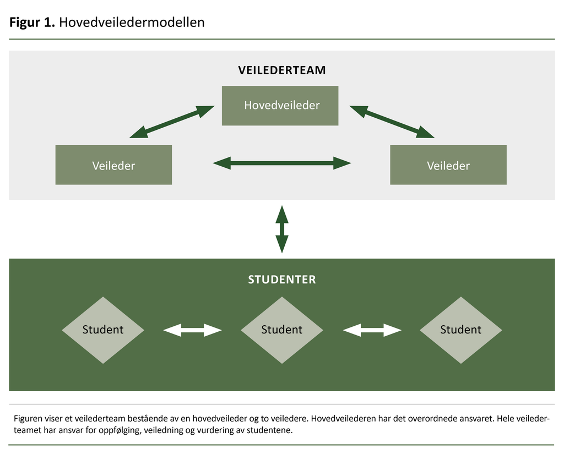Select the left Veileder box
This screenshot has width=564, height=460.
click(113, 165)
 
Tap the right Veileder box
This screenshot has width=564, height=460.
click(448, 165)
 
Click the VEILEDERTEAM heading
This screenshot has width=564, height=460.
click(281, 70)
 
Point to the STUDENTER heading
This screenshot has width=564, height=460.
click(281, 280)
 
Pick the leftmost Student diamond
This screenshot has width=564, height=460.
click(103, 330)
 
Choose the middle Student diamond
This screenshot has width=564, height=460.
click(281, 330)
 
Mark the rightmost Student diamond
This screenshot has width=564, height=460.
click(460, 330)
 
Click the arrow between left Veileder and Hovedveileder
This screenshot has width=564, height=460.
click(172, 122)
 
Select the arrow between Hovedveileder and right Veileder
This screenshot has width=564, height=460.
click(392, 122)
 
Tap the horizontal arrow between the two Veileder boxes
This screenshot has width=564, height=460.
click(281, 163)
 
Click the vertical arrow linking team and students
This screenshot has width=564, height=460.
click(281, 229)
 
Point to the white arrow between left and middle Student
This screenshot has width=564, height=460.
click(192, 330)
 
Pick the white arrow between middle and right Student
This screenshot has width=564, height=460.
click(372, 330)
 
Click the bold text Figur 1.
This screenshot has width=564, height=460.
click(32, 23)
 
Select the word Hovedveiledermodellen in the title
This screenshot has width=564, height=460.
click(132, 23)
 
